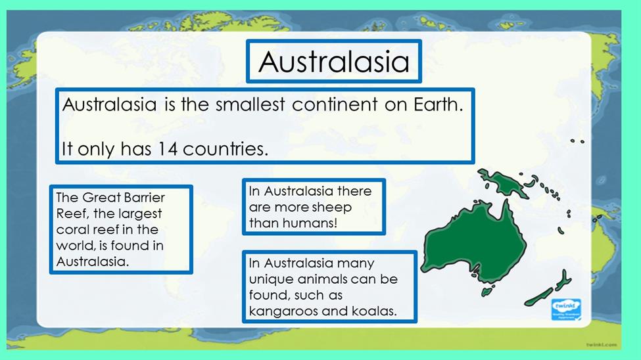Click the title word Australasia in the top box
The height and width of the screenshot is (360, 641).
[x=333, y=62]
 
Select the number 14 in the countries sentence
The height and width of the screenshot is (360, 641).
[x=168, y=148]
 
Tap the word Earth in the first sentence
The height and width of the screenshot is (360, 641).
[x=439, y=104]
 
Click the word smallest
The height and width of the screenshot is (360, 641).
[x=250, y=104]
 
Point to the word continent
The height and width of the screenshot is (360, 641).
[x=335, y=104]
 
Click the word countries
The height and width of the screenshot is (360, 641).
[x=226, y=148]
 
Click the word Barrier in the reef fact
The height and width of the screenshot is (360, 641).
[x=144, y=198]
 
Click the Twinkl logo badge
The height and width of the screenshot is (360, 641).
[x=566, y=309]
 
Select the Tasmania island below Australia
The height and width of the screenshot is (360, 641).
[x=487, y=292]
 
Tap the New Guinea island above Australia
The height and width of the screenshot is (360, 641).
[x=504, y=182]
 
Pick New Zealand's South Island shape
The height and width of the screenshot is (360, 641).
[x=539, y=297]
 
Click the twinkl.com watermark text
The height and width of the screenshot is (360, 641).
[x=602, y=345]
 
